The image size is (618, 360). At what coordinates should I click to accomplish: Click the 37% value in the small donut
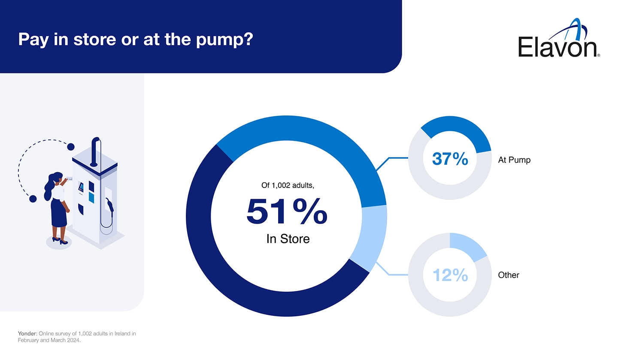tap(450, 159)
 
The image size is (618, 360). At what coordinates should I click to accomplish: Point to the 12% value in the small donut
tap(450, 275)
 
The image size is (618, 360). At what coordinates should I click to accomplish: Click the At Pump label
tap(514, 160)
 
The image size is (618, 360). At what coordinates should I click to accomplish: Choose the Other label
tap(509, 275)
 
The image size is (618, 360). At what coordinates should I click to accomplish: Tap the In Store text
tap(288, 239)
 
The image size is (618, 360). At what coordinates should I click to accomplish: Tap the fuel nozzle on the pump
tap(111, 205)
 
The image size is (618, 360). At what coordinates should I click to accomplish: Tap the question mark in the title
tap(248, 39)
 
